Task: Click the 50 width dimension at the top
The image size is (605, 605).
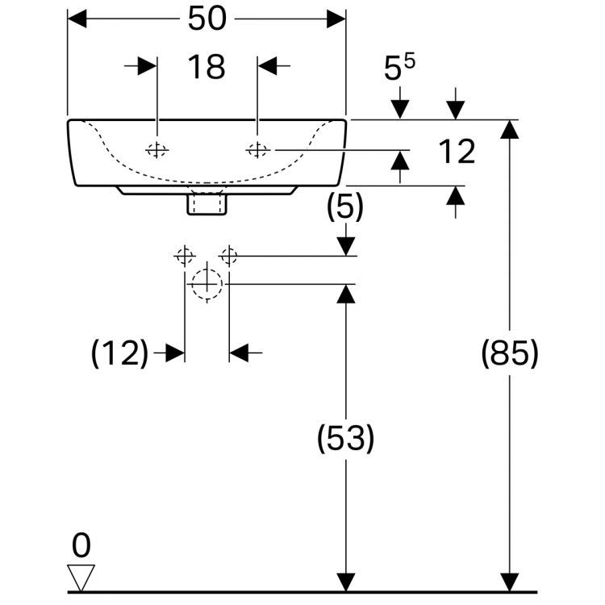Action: tap(207, 19)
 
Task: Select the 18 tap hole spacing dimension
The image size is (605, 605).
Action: tap(207, 67)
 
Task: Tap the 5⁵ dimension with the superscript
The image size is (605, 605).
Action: tap(398, 69)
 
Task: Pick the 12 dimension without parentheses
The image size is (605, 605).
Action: tap(457, 152)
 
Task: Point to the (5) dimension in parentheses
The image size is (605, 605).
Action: tap(345, 208)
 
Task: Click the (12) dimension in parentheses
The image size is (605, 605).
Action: tap(120, 353)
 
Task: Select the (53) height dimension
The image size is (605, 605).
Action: tap(345, 439)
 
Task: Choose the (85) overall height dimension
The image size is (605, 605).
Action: tap(509, 354)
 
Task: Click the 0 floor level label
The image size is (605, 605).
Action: tap(81, 546)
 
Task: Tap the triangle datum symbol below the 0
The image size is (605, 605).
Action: tap(81, 576)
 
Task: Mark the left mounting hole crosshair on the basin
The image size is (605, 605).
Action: tap(156, 150)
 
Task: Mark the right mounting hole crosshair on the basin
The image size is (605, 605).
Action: tap(258, 150)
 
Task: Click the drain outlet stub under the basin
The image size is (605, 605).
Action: tap(207, 204)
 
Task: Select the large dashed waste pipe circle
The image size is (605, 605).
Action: tap(207, 284)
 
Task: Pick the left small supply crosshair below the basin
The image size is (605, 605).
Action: tap(185, 256)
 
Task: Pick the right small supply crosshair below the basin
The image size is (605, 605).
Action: tap(229, 256)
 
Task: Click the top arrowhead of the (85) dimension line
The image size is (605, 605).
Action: tap(509, 130)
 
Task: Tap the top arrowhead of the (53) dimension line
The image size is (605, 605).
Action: tap(345, 294)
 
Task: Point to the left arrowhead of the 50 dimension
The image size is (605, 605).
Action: tap(77, 19)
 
